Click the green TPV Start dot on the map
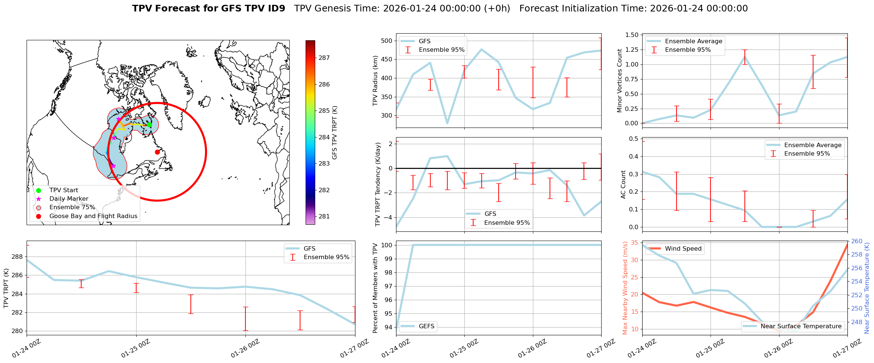(x=149, y=125)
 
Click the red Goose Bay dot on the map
(x=157, y=152)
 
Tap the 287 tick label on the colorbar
(x=324, y=58)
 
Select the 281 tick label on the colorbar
(x=324, y=216)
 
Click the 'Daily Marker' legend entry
(x=69, y=199)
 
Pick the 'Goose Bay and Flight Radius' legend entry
(x=93, y=216)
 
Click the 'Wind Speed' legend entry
(x=683, y=249)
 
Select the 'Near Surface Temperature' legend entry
(x=801, y=326)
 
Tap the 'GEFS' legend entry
(x=426, y=326)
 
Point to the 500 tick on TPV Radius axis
(x=386, y=41)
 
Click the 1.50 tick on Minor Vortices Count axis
(x=632, y=35)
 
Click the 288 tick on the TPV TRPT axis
(x=17, y=257)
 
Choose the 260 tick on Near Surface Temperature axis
(x=857, y=241)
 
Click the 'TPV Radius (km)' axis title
(x=375, y=81)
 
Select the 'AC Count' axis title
(x=623, y=184)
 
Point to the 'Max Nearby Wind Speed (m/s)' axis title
(x=625, y=288)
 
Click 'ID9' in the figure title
(x=275, y=9)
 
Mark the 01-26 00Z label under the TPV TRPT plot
(x=245, y=349)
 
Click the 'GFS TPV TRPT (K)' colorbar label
(x=335, y=133)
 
